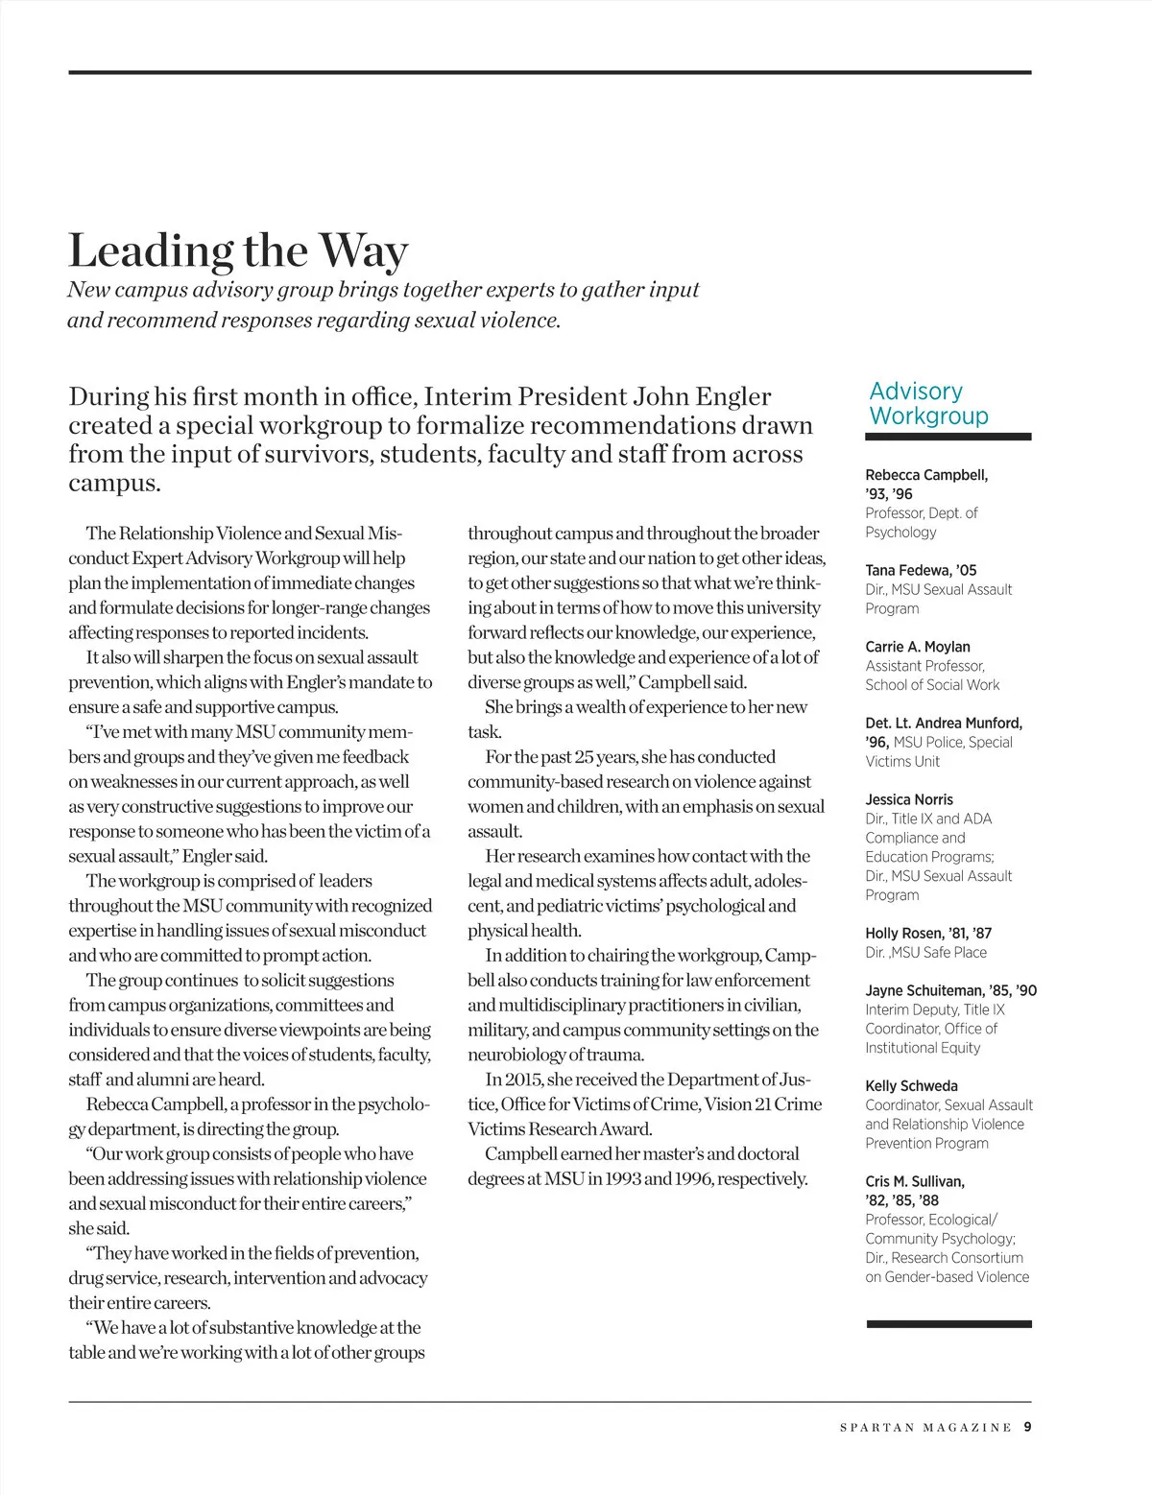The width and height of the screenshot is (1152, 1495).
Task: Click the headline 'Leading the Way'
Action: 238,251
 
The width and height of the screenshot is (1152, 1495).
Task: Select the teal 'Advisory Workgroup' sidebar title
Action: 928,404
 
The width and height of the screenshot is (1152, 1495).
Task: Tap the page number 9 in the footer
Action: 1027,1427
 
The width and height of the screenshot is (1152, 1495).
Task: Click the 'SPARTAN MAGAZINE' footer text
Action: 925,1428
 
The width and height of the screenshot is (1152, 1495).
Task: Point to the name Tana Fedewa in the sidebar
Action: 908,570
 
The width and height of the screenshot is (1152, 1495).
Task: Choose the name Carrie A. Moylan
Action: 918,647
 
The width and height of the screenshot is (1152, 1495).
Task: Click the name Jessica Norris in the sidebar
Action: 909,799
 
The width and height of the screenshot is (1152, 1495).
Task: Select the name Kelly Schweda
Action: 911,1086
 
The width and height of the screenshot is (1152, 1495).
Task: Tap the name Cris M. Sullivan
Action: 915,1181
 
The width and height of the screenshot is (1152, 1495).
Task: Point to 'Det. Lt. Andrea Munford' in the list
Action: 944,723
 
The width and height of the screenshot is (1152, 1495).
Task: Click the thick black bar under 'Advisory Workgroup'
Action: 948,437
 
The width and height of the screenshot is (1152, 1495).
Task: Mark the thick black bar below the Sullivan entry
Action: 948,1324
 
